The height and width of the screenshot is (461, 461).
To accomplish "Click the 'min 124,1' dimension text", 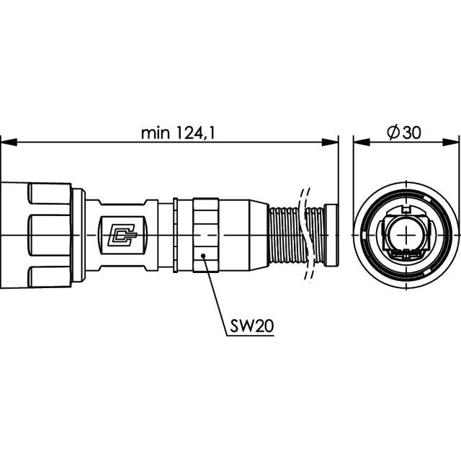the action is pyautogui.click(x=178, y=133).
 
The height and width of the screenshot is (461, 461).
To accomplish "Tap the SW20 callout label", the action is pyautogui.click(x=252, y=326).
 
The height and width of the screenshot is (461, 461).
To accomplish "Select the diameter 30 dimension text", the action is pyautogui.click(x=404, y=133).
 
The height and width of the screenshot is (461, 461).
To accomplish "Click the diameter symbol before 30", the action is pyautogui.click(x=393, y=133).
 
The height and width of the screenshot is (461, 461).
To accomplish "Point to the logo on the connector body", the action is pyautogui.click(x=122, y=236).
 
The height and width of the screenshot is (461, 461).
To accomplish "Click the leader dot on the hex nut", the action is pyautogui.click(x=203, y=256).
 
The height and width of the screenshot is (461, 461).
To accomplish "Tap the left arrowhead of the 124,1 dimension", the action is pyautogui.click(x=9, y=143).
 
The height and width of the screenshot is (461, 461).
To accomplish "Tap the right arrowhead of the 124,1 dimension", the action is pyautogui.click(x=330, y=143).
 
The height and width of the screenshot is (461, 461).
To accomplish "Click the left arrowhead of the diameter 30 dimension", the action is pyautogui.click(x=362, y=143).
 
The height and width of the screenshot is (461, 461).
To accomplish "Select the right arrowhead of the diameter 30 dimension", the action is pyautogui.click(x=451, y=143).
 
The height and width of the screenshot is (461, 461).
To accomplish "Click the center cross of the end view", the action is pyautogui.click(x=406, y=235).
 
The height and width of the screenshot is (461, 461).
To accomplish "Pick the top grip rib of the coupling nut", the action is pyautogui.click(x=50, y=194).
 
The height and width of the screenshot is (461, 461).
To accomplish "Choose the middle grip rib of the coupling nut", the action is pyautogui.click(x=50, y=236).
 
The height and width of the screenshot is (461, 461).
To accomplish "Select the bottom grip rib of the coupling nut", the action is pyautogui.click(x=50, y=277).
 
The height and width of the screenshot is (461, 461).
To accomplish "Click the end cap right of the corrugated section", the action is pyautogui.click(x=331, y=236).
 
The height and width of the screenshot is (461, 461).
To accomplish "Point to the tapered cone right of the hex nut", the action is pyautogui.click(x=259, y=236).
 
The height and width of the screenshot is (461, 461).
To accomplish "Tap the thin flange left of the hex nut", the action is pyautogui.click(x=176, y=236).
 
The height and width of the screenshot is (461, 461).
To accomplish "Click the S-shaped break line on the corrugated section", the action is pyautogui.click(x=305, y=236).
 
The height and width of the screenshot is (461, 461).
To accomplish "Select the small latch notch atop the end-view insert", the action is pyautogui.click(x=406, y=210).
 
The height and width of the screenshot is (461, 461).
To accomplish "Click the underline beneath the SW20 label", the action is pyautogui.click(x=251, y=335).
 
